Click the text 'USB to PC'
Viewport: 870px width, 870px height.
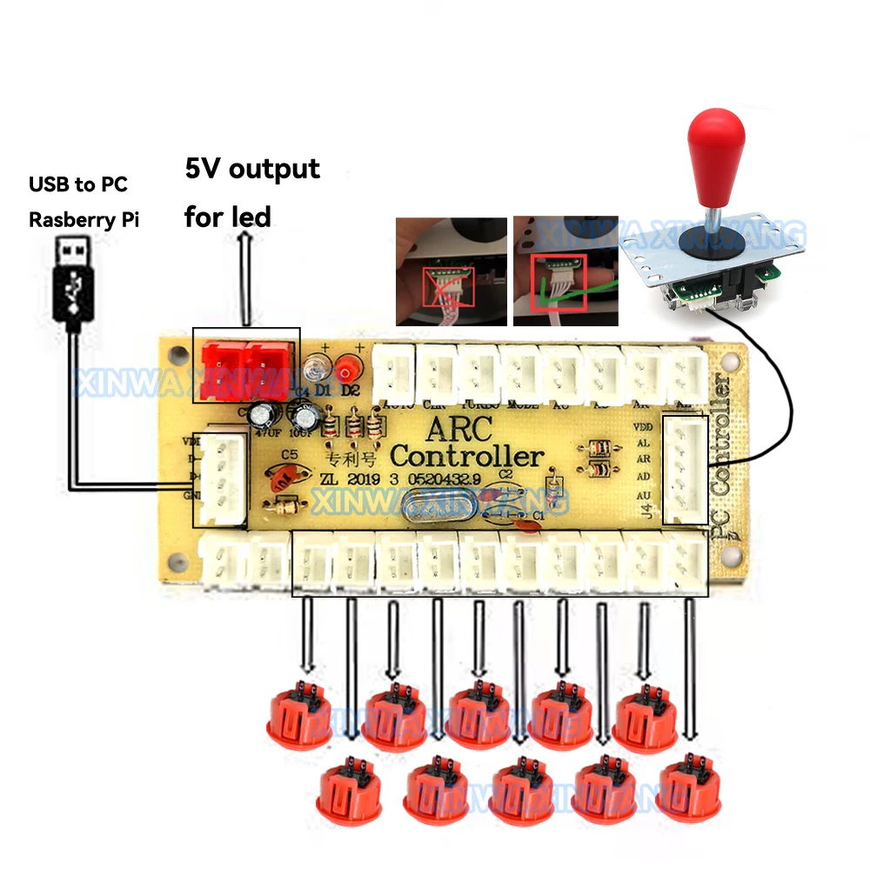(x=77, y=184)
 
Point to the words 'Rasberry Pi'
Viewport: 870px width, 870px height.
(x=84, y=218)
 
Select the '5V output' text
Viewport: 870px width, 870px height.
(x=252, y=169)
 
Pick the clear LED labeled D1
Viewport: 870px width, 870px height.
(x=317, y=369)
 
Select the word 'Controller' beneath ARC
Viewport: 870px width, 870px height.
(x=467, y=456)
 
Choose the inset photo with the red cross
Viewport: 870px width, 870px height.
(x=451, y=271)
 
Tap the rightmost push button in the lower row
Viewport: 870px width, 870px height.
(x=689, y=791)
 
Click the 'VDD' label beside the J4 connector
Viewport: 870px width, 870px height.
(x=644, y=427)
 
